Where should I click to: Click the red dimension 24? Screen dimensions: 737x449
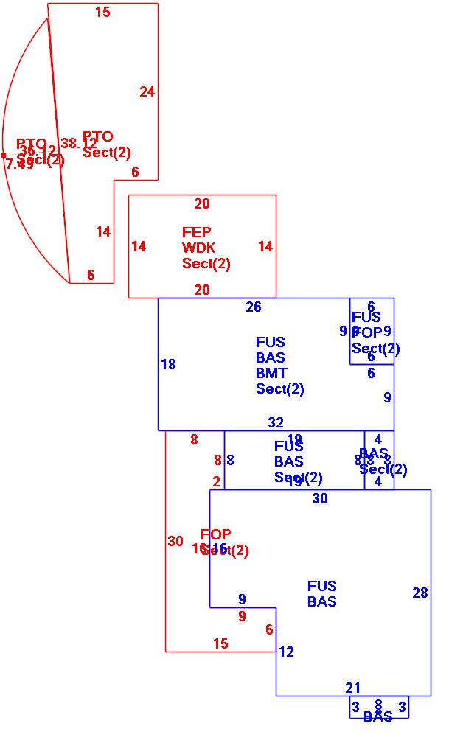coord(147,92)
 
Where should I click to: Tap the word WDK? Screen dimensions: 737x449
coord(196,248)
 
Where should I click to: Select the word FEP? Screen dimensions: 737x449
coord(196,233)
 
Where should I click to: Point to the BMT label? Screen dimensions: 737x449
coord(271,374)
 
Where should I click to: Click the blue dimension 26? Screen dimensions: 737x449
coord(254,307)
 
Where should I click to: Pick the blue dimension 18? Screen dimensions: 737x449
coord(168,364)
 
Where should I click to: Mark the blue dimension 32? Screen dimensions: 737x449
coord(276,423)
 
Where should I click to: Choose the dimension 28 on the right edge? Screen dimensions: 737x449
coord(420,593)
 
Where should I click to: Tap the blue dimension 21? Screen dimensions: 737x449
coord(353,688)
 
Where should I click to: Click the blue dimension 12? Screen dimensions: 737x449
coord(286,652)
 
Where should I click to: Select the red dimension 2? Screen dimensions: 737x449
coord(217,482)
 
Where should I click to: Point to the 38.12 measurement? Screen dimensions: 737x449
coord(79,144)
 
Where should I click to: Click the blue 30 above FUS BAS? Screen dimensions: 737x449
coord(320,499)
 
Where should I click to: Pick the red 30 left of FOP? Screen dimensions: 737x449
coord(175,542)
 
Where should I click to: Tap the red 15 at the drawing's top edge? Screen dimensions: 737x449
coord(103,13)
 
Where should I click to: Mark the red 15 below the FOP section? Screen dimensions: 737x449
coord(220,644)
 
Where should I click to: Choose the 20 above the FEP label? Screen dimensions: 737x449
coord(202,204)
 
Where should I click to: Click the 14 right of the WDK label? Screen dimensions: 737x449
coord(265,247)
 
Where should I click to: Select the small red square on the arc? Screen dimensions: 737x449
coord(4,156)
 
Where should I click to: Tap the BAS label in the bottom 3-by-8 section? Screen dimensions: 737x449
coord(377,716)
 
